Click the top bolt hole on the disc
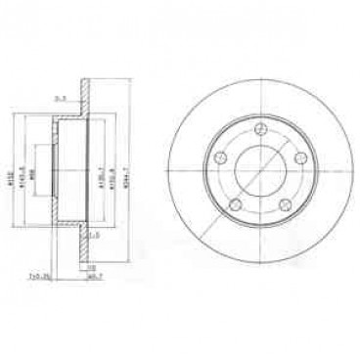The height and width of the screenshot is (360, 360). pos(261,133)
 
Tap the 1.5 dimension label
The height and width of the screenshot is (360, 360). pos(95,235)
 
